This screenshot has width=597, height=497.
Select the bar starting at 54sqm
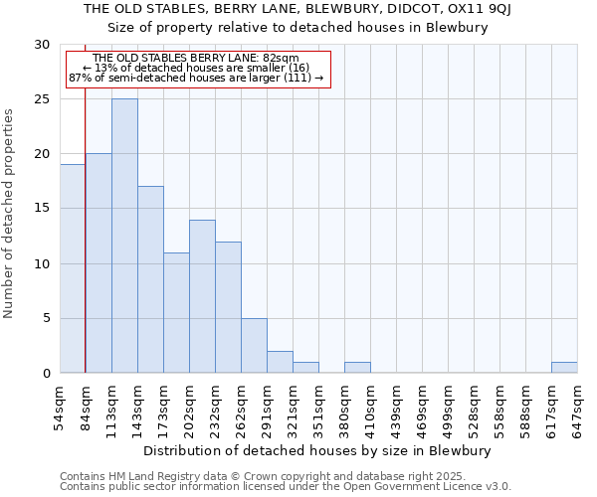pyautogui.click(x=73, y=268)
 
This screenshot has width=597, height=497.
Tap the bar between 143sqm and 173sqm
pyautogui.click(x=150, y=279)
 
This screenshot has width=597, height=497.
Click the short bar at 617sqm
pyautogui.click(x=564, y=367)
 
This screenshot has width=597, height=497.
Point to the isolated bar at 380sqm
pyautogui.click(x=357, y=367)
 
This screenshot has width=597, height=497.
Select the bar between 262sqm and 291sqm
pyautogui.click(x=254, y=345)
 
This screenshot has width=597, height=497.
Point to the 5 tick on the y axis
pyautogui.click(x=45, y=318)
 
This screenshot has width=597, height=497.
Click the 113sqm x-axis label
pyautogui.click(x=112, y=407)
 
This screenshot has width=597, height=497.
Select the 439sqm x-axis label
pyautogui.click(x=397, y=407)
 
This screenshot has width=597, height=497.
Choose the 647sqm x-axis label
pyautogui.click(x=578, y=407)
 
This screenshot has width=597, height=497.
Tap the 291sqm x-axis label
pyautogui.click(x=268, y=407)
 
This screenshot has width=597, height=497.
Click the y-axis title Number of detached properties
pyautogui.click(x=10, y=214)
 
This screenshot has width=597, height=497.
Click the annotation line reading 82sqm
pyautogui.click(x=195, y=58)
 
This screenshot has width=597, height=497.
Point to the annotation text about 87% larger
pyautogui.click(x=196, y=78)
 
